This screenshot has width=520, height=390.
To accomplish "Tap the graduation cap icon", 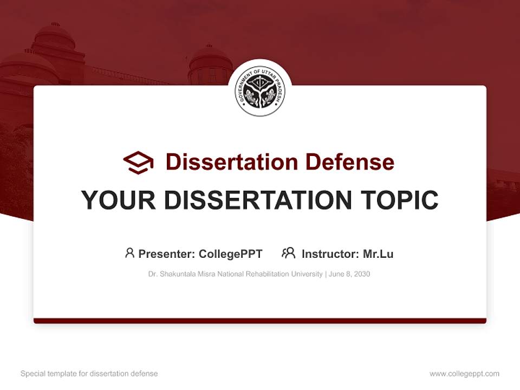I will click(138, 162).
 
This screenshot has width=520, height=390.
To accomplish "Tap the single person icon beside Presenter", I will click(129, 253).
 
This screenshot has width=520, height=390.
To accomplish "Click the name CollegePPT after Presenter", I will click(231, 254).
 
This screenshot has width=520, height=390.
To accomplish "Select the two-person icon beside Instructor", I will click(288, 253).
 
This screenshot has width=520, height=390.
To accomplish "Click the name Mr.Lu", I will click(378, 254).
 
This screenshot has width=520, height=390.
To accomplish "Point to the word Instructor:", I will click(330, 254).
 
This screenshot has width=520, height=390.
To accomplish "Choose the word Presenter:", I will click(167, 254).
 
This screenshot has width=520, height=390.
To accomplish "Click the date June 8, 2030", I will click(349, 274).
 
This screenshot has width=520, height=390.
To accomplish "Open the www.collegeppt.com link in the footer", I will click(464, 374).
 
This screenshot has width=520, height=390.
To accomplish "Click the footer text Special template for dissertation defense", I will click(89, 374).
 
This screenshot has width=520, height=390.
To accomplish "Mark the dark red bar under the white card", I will click(260, 321).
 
